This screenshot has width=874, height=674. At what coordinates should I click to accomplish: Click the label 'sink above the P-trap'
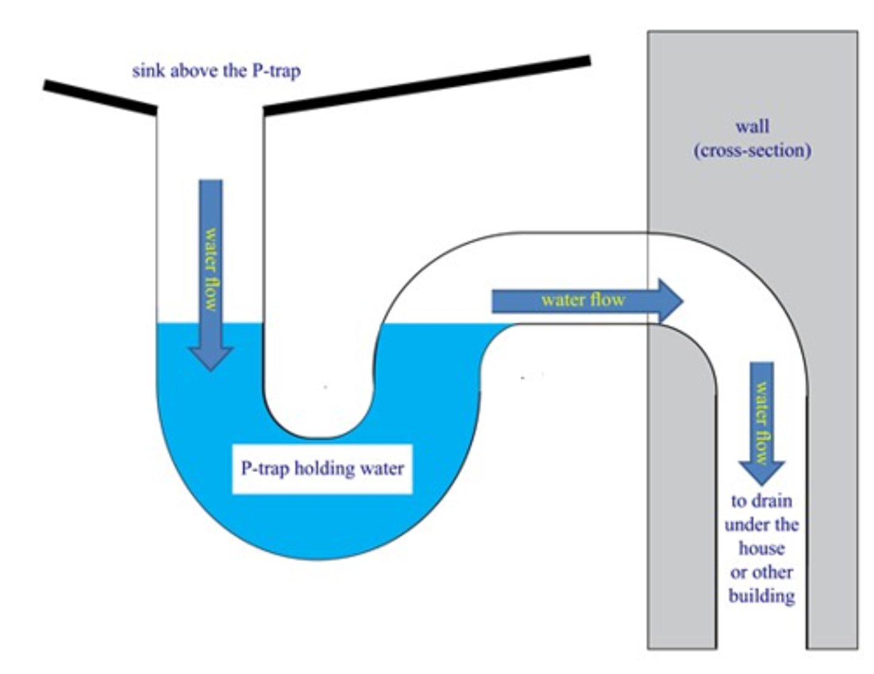(x=216, y=71)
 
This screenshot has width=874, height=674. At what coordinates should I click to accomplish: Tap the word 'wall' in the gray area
(x=752, y=127)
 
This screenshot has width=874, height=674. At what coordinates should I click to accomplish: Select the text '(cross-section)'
(x=752, y=150)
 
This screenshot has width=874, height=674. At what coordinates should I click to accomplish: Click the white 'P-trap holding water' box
(x=322, y=468)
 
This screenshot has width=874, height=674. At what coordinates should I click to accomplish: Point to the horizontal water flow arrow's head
(x=671, y=301)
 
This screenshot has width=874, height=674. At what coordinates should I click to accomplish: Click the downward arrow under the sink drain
(x=211, y=273)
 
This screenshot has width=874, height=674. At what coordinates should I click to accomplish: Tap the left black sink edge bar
(x=101, y=96)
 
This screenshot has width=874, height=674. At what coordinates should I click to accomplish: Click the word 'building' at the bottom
(x=762, y=596)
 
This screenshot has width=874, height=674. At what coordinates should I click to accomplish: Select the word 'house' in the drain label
(x=761, y=548)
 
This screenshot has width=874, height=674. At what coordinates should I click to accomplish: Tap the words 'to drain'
(x=761, y=501)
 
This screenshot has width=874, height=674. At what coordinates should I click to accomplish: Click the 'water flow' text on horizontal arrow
(x=583, y=300)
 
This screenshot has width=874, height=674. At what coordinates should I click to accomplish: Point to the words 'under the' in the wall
(x=761, y=525)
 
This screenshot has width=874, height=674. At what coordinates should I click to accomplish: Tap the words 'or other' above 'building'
(x=761, y=572)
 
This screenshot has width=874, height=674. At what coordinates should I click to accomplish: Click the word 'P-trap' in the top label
(x=275, y=71)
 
